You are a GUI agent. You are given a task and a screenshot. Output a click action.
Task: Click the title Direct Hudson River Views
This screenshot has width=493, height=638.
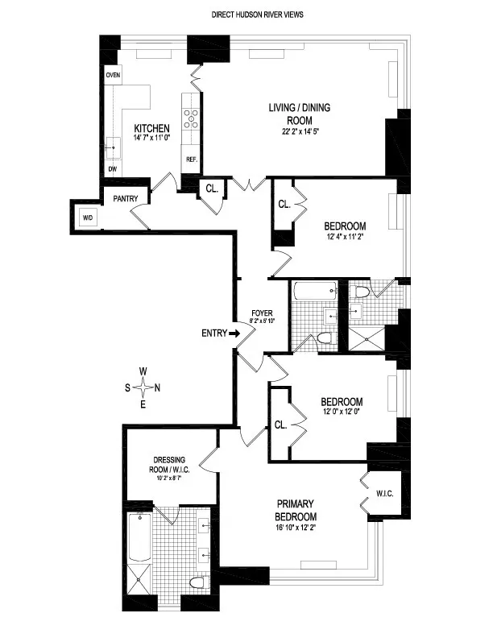point(258,14)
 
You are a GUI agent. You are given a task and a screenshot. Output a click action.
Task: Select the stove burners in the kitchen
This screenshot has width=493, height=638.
point(192,118)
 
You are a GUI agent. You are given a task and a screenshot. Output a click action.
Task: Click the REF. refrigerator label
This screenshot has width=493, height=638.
point(192,159)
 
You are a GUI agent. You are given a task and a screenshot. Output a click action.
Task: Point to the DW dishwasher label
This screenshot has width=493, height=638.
point(112,170)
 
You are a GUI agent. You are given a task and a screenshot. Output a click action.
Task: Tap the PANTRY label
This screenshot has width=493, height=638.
point(126,198)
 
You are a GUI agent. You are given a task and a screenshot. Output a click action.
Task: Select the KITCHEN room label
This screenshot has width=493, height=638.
point(151,128)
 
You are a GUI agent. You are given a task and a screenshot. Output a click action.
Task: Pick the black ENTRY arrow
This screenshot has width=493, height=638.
point(234,333)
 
